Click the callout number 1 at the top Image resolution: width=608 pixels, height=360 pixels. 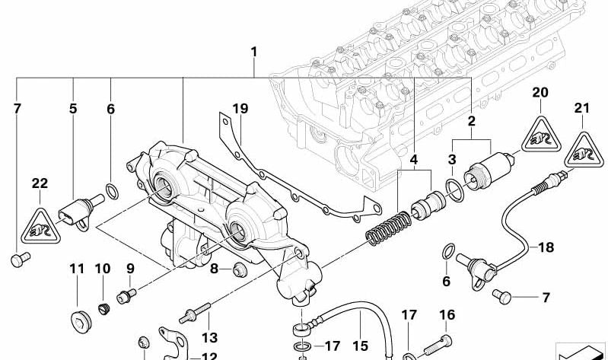click(x=254, y=53)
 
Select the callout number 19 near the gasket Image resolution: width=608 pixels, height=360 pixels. click(x=240, y=110)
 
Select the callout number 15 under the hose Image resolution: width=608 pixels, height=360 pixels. click(x=359, y=344)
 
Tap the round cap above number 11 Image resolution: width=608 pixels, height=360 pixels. click(x=77, y=318)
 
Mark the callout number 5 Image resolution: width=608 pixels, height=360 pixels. click(x=73, y=109)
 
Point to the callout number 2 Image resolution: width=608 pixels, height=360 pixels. click(x=472, y=121)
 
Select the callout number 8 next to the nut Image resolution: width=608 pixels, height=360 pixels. click(x=215, y=268)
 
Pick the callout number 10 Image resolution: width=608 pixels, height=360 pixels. click(x=103, y=269)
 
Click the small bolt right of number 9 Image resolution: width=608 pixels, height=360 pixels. click(x=124, y=294)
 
